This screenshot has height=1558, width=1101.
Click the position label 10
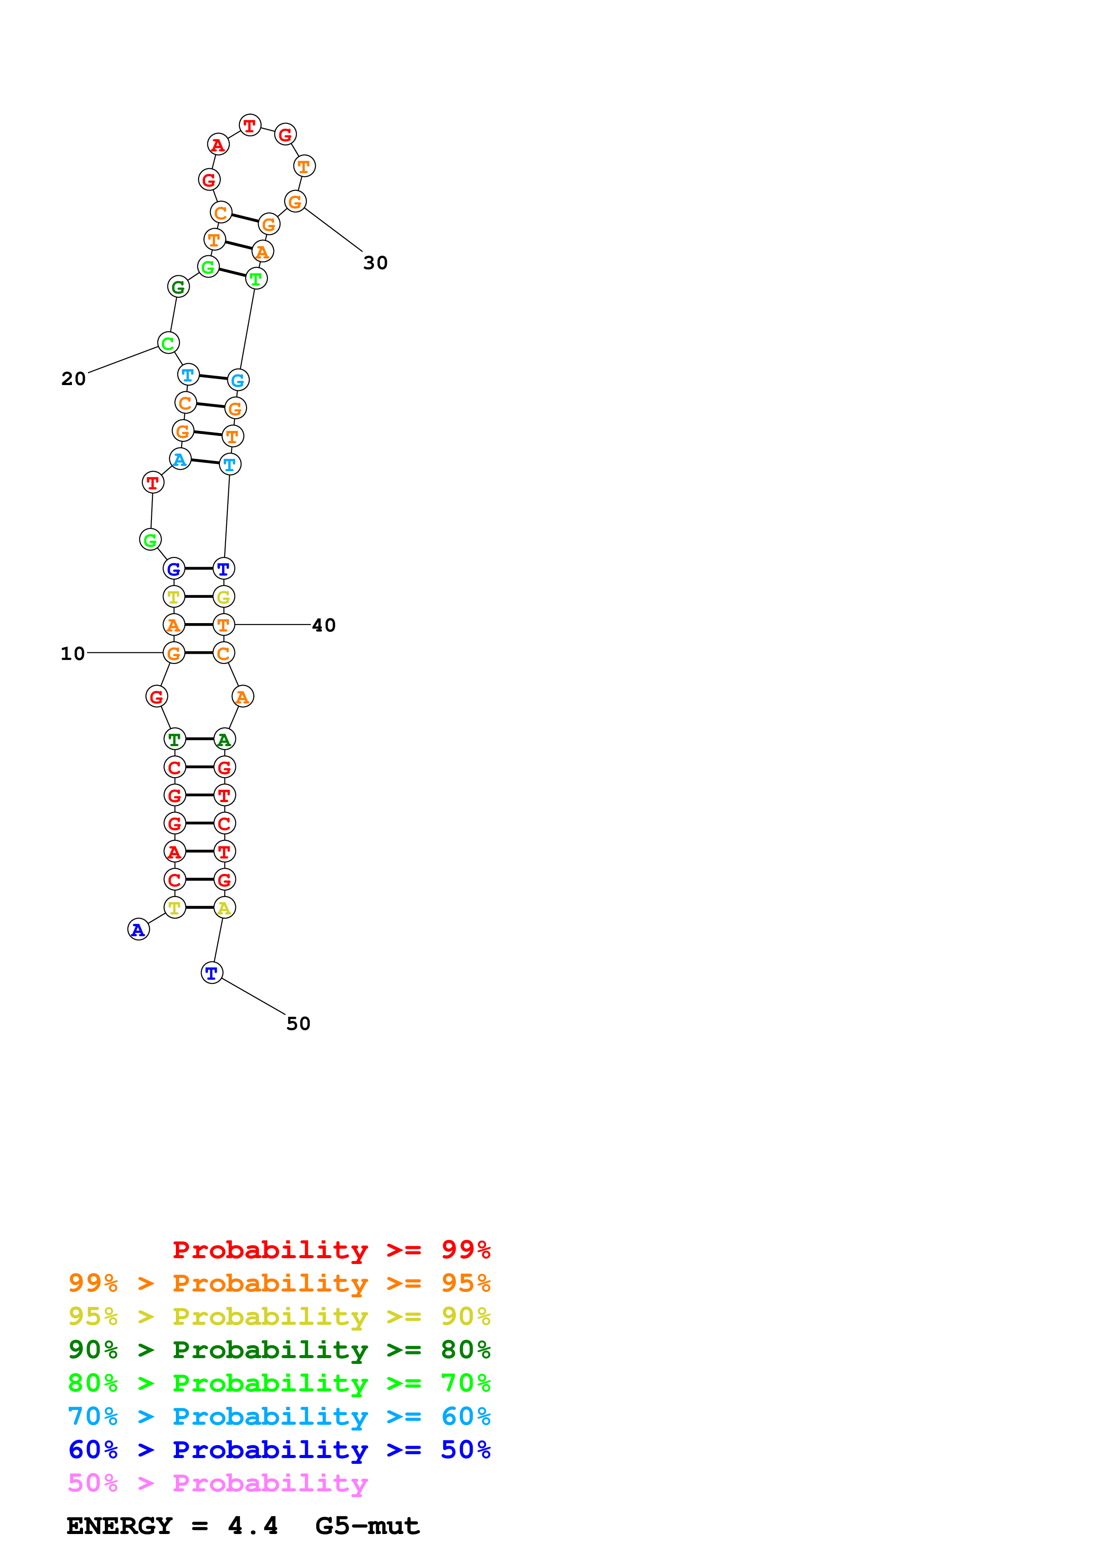click(x=72, y=653)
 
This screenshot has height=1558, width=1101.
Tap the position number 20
click(x=73, y=379)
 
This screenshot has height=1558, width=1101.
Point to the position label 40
click(x=324, y=625)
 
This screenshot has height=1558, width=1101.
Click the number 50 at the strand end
click(x=298, y=1023)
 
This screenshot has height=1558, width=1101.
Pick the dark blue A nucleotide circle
click(x=139, y=930)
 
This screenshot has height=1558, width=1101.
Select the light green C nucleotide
click(x=168, y=343)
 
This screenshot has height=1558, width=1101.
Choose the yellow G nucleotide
click(x=224, y=597)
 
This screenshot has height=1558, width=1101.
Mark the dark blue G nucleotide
click(x=175, y=568)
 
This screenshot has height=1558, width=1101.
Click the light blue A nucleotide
click(x=180, y=459)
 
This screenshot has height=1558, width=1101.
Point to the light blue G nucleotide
click(x=238, y=380)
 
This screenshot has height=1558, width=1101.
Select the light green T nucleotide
click(x=256, y=278)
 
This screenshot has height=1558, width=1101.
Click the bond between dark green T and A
click(x=199, y=739)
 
